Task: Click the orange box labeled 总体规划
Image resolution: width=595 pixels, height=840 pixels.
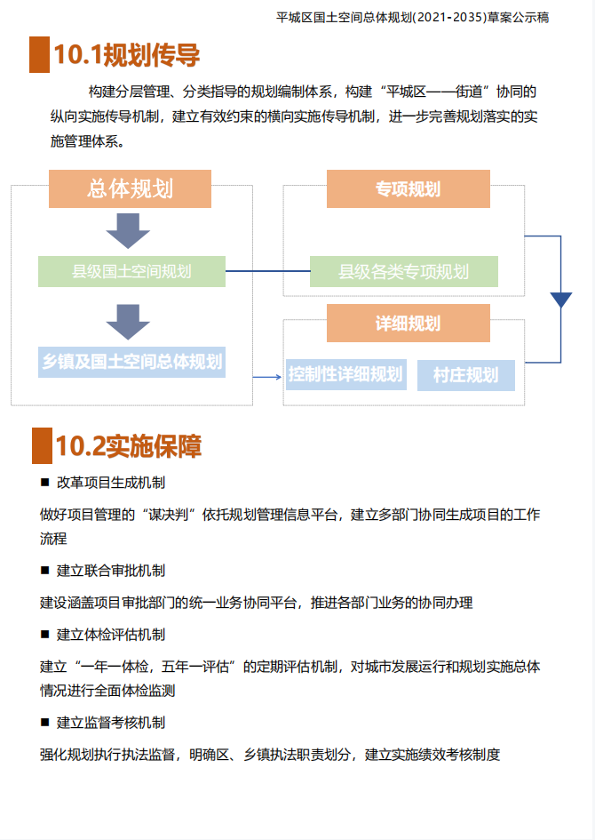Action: pyautogui.click(x=130, y=189)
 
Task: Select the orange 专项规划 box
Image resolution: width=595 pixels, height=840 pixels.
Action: pyautogui.click(x=408, y=189)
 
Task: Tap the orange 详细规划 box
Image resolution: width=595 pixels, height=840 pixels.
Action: pyautogui.click(x=408, y=324)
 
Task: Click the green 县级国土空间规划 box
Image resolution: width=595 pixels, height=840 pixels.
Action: pyautogui.click(x=131, y=271)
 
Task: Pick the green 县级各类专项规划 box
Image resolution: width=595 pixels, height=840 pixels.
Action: pyautogui.click(x=404, y=271)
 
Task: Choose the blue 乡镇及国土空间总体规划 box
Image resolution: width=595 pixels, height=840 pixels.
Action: pyautogui.click(x=131, y=362)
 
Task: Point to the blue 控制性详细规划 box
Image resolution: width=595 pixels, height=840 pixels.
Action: pyautogui.click(x=345, y=374)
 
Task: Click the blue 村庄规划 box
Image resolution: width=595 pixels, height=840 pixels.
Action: pyautogui.click(x=465, y=374)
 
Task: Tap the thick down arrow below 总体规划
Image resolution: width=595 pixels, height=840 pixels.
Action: pyautogui.click(x=128, y=230)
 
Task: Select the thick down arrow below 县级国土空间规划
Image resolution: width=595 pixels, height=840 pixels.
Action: pyautogui.click(x=128, y=321)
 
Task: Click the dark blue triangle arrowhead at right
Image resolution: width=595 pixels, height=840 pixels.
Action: pyautogui.click(x=560, y=300)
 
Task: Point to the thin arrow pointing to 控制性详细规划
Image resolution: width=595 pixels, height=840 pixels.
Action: pyautogui.click(x=266, y=377)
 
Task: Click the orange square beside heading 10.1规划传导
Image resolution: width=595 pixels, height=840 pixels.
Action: pyautogui.click(x=39, y=55)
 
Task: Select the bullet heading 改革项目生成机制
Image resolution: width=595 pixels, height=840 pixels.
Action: pyautogui.click(x=111, y=483)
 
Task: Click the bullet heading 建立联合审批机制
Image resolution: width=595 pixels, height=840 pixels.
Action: pyautogui.click(x=111, y=570)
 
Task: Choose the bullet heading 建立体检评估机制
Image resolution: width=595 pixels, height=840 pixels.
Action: pyautogui.click(x=111, y=635)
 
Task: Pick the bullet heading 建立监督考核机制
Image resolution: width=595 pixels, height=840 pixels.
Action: pyautogui.click(x=111, y=723)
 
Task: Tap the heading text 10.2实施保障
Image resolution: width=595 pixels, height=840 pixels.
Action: pyautogui.click(x=129, y=445)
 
